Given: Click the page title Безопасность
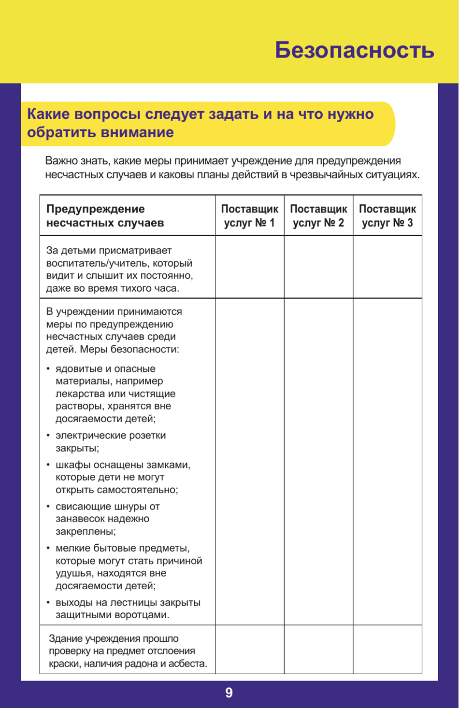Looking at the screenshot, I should (354, 50).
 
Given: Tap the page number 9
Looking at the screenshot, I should (229, 693).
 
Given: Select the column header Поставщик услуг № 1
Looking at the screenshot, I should (249, 216).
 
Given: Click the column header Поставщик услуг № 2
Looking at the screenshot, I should (318, 216).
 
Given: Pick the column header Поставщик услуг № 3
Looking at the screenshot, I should (387, 216).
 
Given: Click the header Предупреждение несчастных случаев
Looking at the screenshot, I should (105, 216).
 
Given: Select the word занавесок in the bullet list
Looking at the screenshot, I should (79, 519).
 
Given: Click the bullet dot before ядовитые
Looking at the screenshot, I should (48, 369).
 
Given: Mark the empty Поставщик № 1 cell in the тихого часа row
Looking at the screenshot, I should (249, 267).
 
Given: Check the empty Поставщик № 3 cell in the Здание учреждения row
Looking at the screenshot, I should (387, 650).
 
